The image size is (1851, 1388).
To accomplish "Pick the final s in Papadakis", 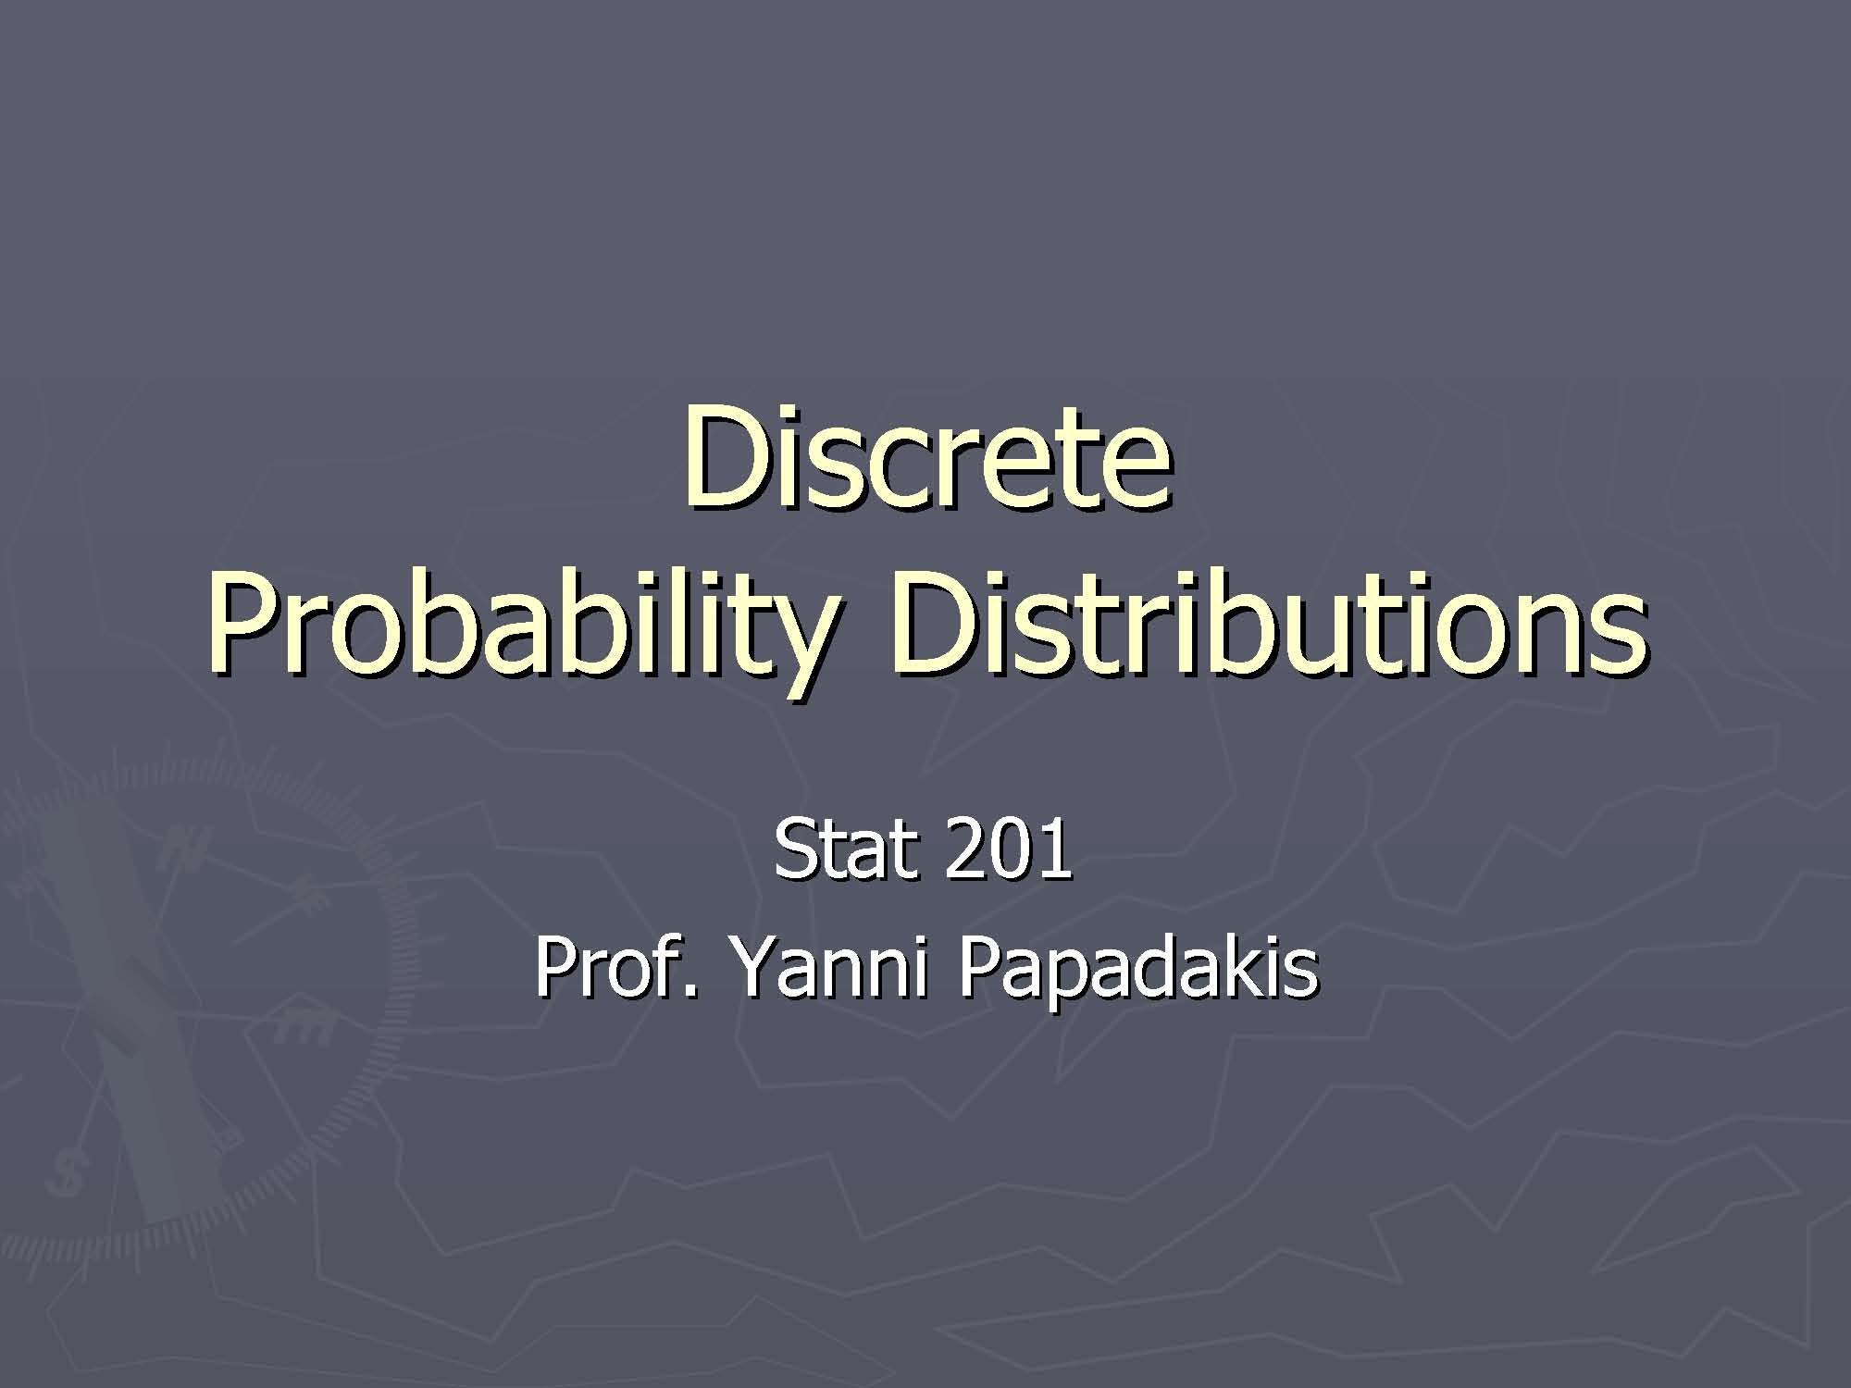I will (x=1301, y=976).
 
